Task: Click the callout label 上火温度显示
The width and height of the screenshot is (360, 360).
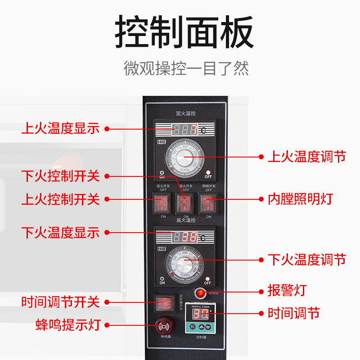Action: click(x=60, y=128)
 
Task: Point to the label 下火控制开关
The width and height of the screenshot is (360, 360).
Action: click(x=60, y=176)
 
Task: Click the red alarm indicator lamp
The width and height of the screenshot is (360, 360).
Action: click(x=200, y=293)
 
